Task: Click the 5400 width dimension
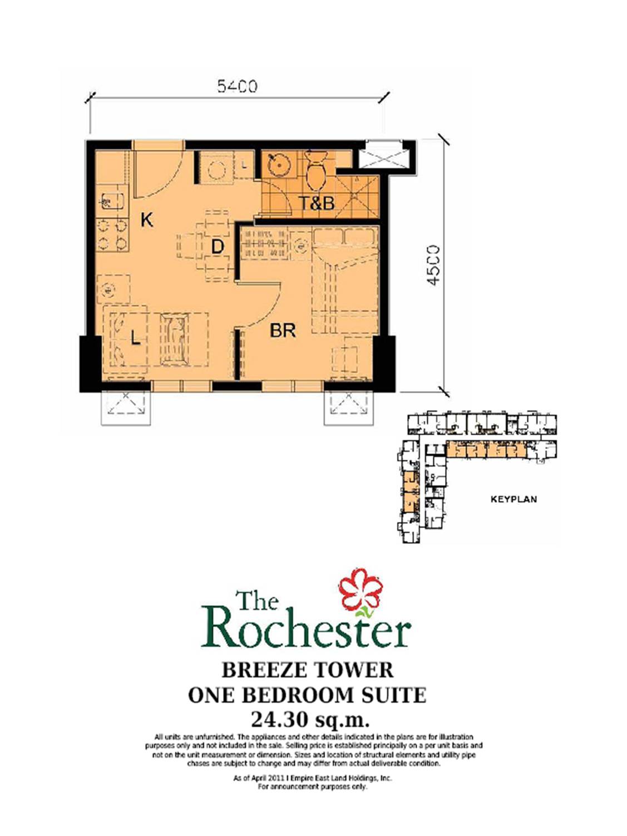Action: (237, 86)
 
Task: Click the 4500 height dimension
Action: (433, 265)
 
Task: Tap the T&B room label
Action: (317, 203)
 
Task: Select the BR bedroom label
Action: (283, 331)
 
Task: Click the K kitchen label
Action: (146, 220)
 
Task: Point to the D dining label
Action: (218, 246)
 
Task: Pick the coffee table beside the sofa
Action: (175, 338)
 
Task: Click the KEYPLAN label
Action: (514, 499)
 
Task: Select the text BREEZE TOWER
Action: (307, 670)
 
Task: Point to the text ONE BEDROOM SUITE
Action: (307, 695)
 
